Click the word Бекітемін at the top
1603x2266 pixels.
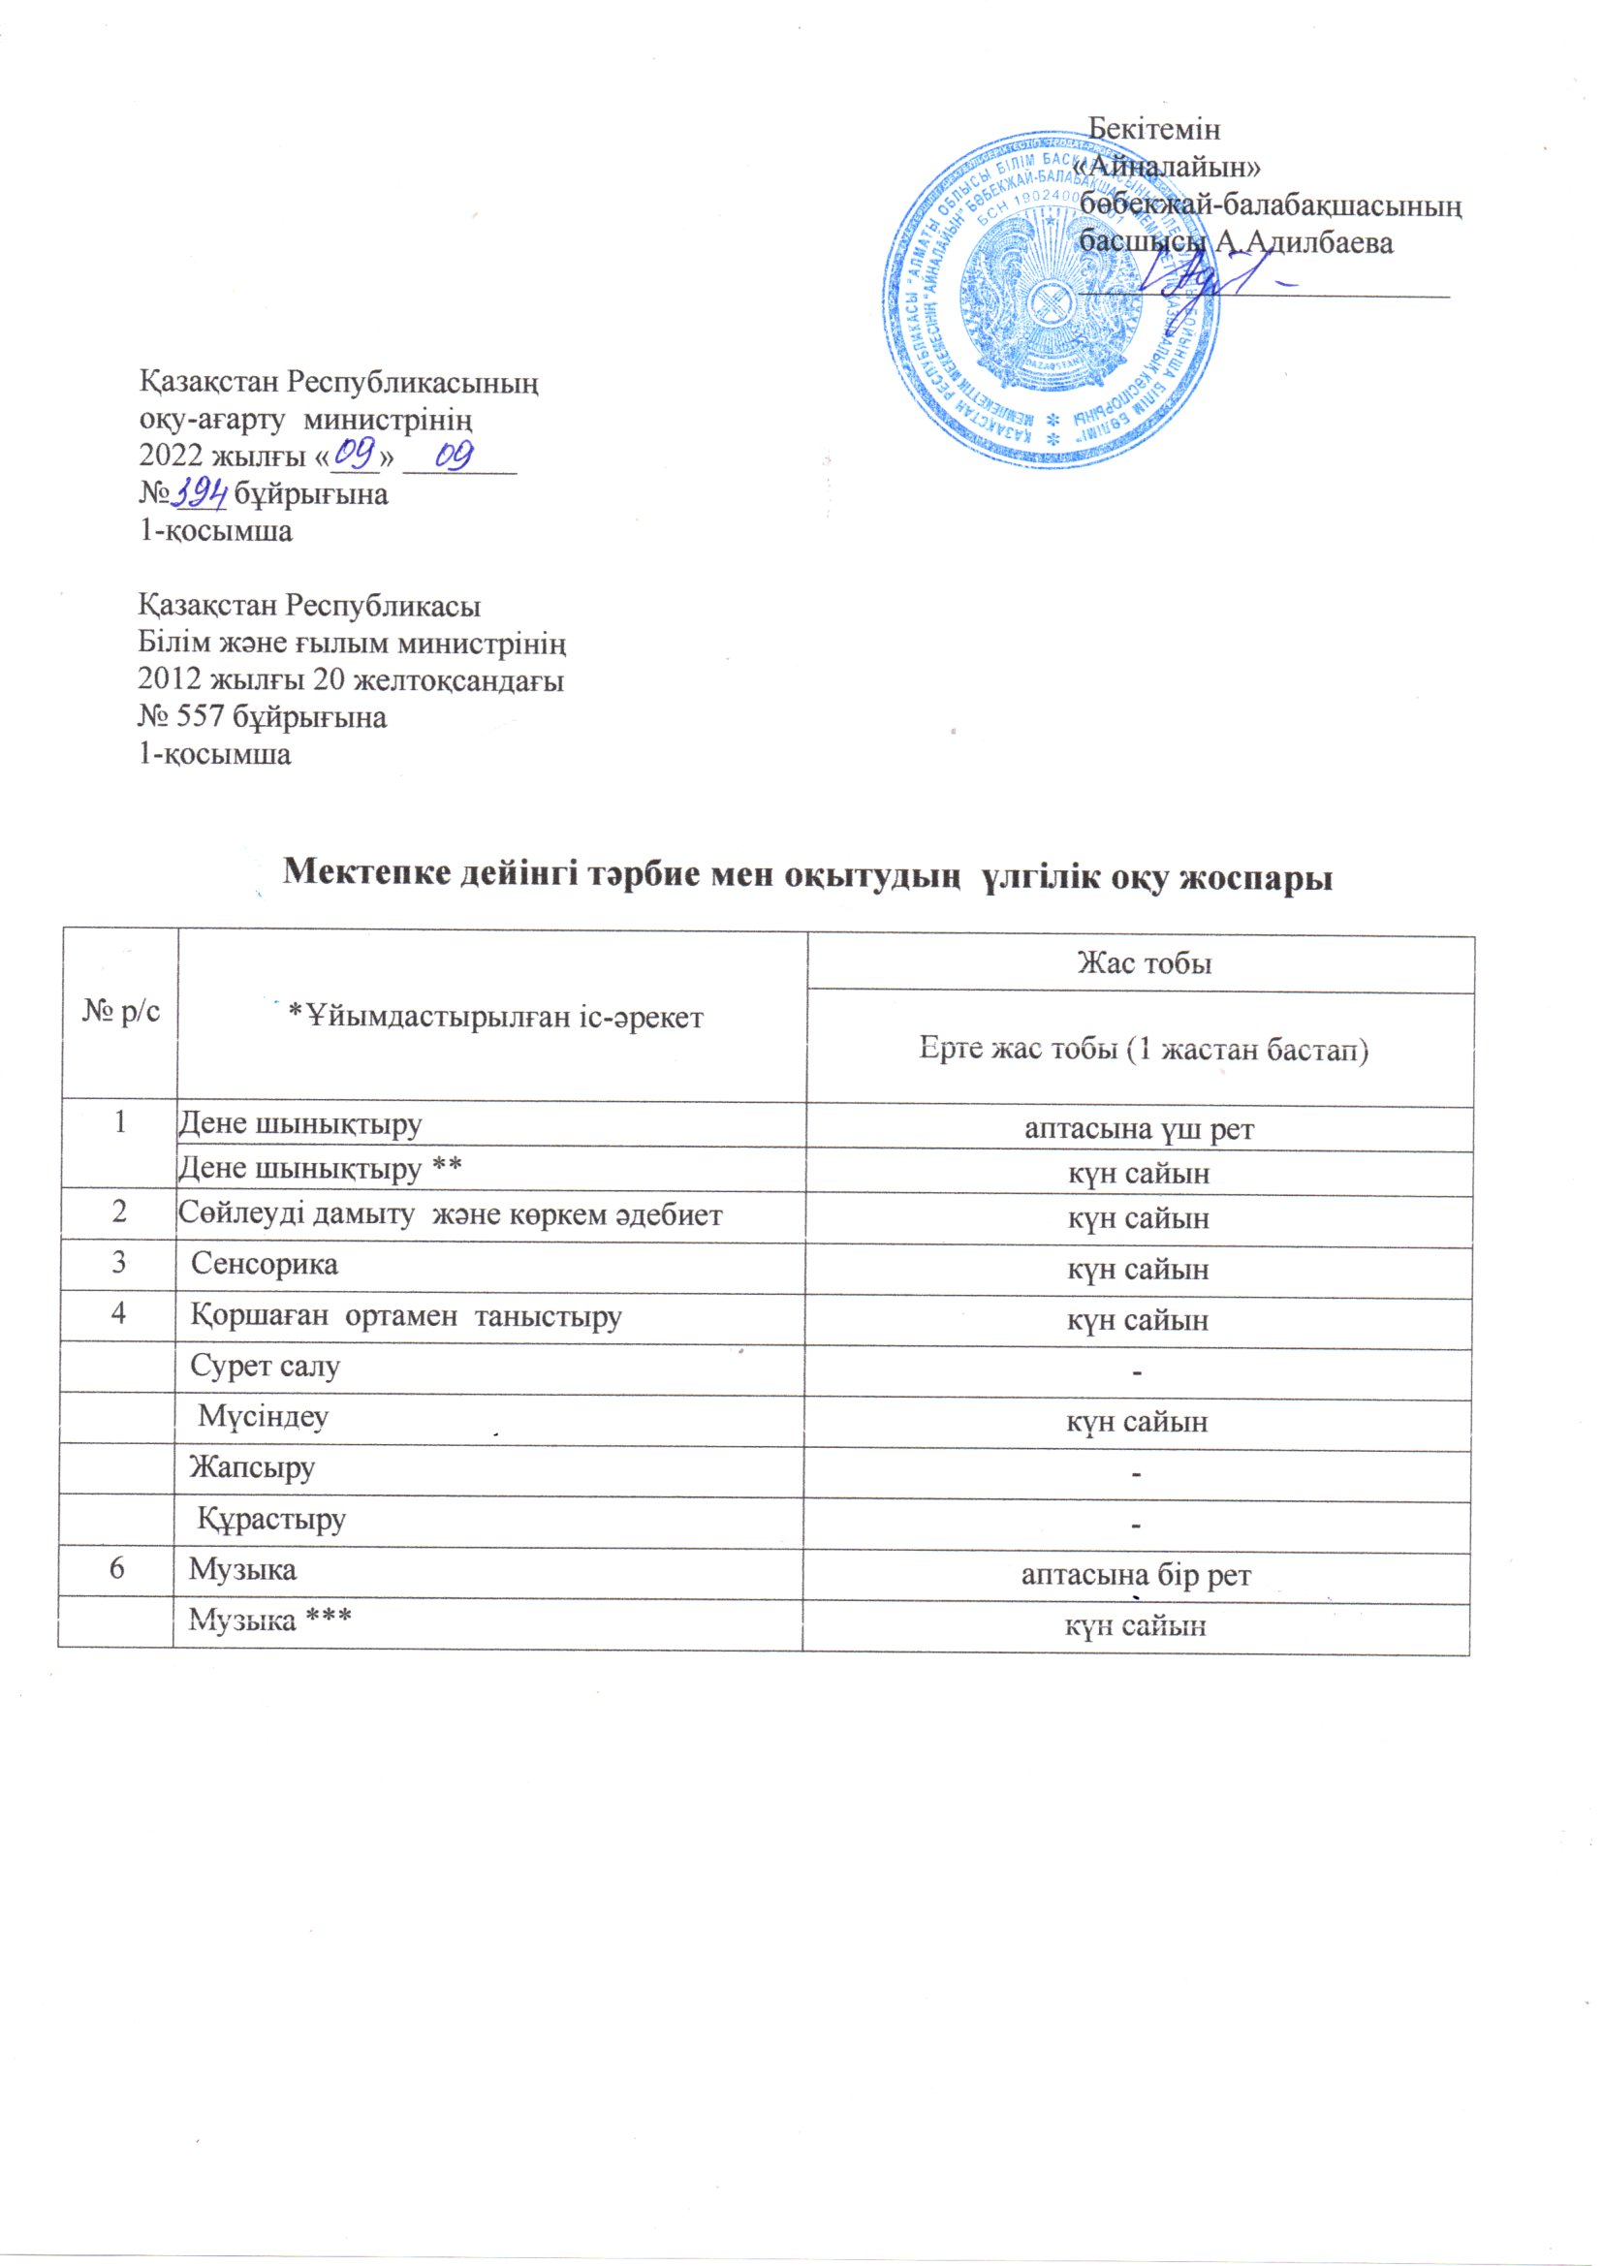1154,129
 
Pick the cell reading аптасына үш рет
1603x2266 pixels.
1139,1128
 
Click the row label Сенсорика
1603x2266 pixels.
264,1264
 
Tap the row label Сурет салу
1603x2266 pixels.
265,1367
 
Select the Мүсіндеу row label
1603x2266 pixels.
264,1417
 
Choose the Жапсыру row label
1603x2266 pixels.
252,1468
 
